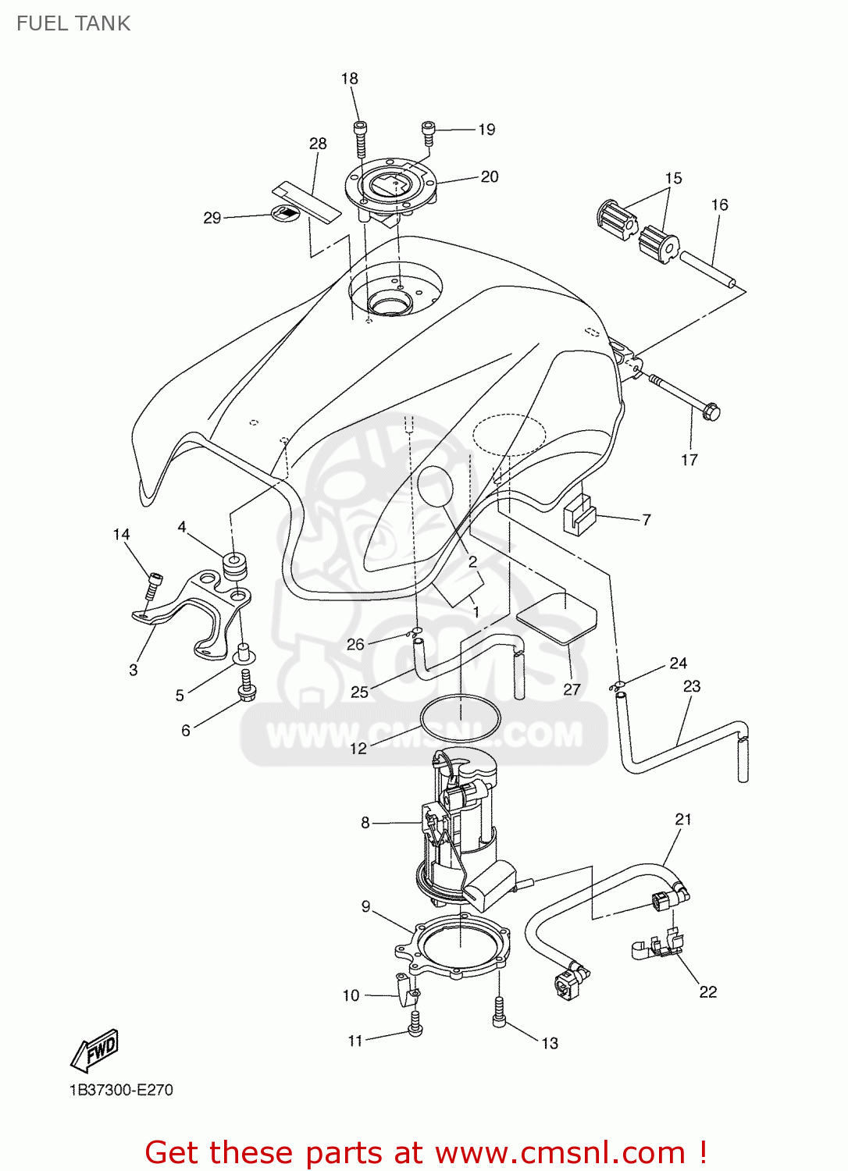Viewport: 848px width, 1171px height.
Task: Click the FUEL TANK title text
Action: click(x=73, y=23)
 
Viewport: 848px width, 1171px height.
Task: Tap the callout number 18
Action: click(x=349, y=79)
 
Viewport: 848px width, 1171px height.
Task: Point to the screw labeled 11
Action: click(x=415, y=1023)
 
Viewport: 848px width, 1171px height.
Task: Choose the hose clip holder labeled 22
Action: click(x=658, y=947)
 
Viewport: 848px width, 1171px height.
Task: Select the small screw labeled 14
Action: click(x=154, y=587)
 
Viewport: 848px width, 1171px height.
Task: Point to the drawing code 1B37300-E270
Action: click(x=121, y=1090)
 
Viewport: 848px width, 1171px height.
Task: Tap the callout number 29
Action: click(x=212, y=218)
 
